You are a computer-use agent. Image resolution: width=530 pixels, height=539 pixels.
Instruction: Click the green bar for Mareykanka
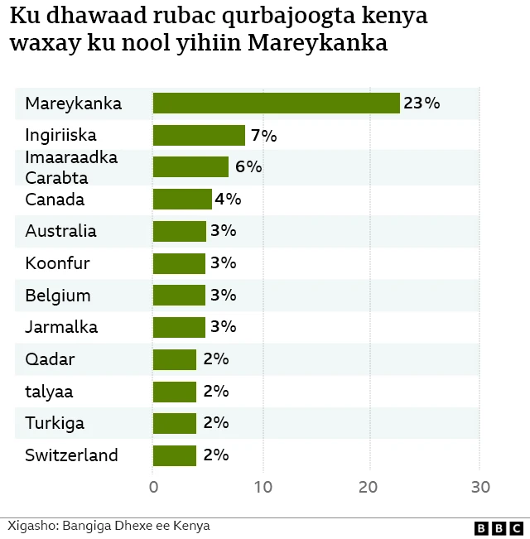point(277,103)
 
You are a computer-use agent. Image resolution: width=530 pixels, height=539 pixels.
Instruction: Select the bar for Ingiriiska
point(200,135)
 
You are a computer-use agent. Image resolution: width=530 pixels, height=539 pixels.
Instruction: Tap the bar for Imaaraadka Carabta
point(190,166)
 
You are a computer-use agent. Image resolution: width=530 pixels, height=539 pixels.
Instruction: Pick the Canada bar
point(182,199)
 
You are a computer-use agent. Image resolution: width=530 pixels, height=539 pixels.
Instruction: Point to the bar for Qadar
point(175,359)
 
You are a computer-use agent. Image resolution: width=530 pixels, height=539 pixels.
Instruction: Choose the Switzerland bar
point(175,455)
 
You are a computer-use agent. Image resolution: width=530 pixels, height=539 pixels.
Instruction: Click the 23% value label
point(422,103)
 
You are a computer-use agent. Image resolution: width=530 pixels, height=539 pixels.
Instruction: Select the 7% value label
point(263,135)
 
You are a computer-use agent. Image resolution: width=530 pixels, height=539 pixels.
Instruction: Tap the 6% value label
point(248,166)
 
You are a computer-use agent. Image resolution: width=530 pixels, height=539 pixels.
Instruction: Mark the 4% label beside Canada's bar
point(228,199)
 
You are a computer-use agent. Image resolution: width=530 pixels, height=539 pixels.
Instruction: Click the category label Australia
point(60,231)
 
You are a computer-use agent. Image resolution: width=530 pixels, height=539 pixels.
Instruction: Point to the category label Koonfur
point(57,263)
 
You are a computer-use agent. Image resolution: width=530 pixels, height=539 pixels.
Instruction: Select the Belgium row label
point(58,296)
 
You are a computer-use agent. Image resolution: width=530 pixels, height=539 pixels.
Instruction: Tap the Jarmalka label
point(61,327)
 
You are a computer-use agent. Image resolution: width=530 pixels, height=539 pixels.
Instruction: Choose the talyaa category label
point(49,392)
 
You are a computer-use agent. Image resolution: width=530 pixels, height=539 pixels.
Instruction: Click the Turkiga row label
point(55,423)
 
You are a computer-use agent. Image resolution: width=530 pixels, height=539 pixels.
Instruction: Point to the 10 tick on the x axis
point(263,487)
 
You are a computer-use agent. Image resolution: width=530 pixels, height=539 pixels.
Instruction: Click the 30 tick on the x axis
point(479,487)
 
